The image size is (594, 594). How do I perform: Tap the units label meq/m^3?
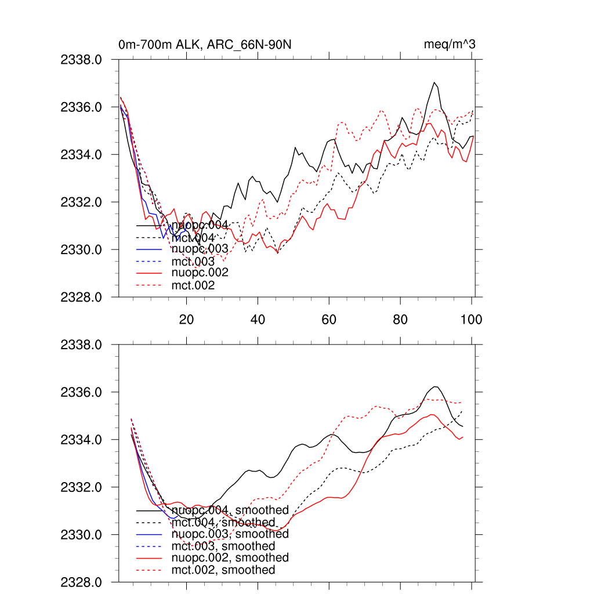451,45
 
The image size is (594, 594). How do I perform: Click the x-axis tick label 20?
186,319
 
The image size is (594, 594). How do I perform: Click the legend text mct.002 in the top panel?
193,285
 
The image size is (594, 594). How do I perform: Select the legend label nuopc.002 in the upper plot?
201,273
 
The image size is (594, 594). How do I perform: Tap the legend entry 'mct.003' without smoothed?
193,261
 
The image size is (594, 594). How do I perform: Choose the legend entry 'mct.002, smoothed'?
223,570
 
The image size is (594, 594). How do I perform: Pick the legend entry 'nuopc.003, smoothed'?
231,534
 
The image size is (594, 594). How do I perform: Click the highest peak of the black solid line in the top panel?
434,82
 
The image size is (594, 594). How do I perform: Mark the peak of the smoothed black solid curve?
435,386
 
